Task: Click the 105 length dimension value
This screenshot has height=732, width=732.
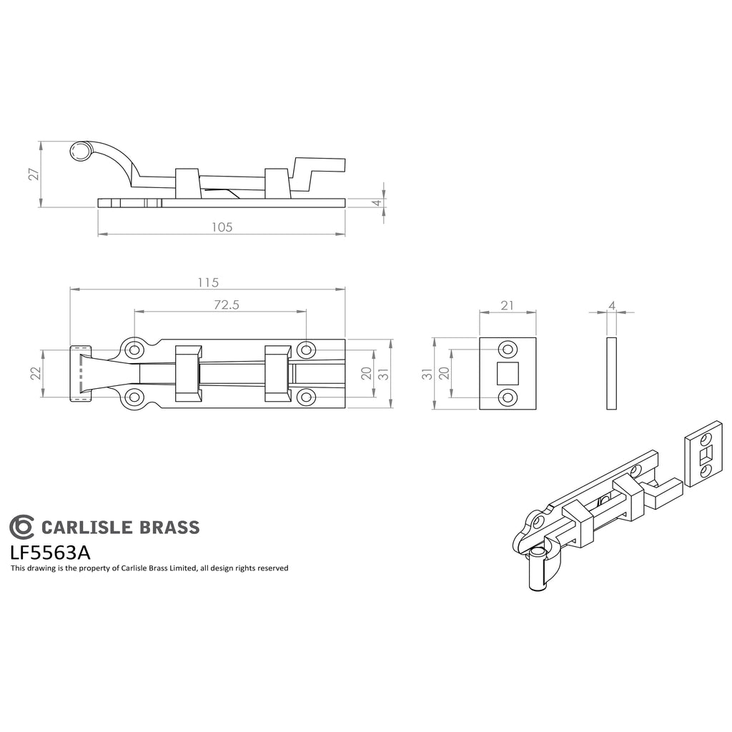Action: point(222,227)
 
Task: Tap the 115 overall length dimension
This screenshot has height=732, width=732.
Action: point(208,283)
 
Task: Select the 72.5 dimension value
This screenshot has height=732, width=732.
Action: point(227,305)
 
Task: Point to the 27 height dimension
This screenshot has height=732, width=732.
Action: point(34,174)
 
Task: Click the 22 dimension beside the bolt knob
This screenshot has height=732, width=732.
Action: point(36,373)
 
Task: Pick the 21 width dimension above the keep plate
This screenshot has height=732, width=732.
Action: point(507,305)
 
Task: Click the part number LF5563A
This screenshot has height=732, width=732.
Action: point(51,553)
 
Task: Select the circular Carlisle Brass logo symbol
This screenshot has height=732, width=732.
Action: point(21,527)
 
